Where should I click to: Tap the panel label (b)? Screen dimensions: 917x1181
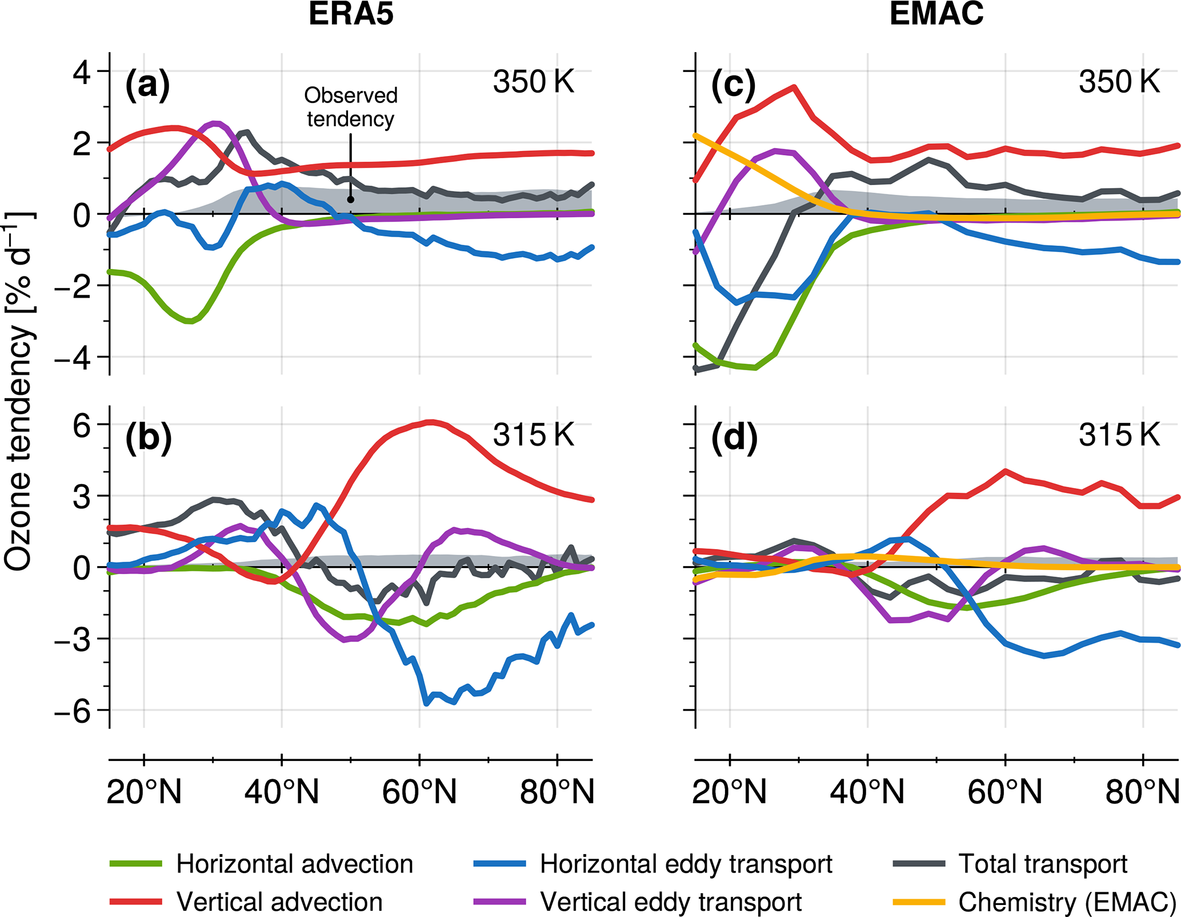click(x=148, y=438)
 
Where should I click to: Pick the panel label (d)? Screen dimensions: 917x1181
click(x=734, y=438)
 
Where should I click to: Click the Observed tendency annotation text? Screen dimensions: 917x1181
click(x=350, y=107)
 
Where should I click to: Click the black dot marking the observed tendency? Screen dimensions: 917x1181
click(x=350, y=199)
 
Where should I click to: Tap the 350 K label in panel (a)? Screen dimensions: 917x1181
click(x=533, y=82)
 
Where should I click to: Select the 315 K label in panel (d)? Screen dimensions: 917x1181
click(x=1119, y=435)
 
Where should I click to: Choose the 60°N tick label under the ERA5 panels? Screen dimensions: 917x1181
click(x=419, y=792)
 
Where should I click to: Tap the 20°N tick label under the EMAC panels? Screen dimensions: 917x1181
click(x=730, y=792)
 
